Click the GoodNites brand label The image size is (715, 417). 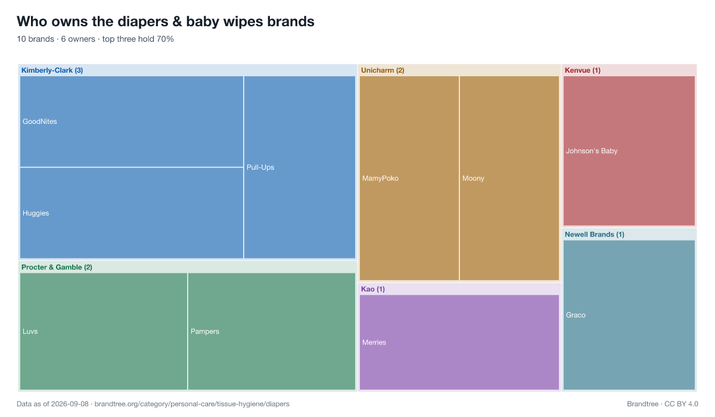click(39, 122)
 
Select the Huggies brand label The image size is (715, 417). click(36, 213)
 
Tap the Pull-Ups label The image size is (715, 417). click(260, 167)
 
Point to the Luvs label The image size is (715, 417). click(30, 331)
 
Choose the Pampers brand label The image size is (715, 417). click(204, 331)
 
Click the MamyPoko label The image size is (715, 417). click(380, 178)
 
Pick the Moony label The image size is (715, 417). click(473, 178)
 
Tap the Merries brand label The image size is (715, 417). click(374, 343)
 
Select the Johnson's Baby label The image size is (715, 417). click(592, 151)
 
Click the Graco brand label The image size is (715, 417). click(576, 315)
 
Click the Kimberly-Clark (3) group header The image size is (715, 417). click(52, 70)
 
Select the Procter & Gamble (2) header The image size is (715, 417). click(57, 267)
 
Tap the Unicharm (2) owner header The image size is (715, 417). click(383, 70)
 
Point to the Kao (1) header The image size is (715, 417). click(373, 289)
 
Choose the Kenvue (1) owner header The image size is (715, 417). click(583, 70)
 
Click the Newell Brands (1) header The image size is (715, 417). click(595, 235)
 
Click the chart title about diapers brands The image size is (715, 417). click(166, 21)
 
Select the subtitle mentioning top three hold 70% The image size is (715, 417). click(95, 39)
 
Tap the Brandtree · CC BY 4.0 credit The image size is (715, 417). click(663, 404)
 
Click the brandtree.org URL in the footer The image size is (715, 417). click(192, 404)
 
